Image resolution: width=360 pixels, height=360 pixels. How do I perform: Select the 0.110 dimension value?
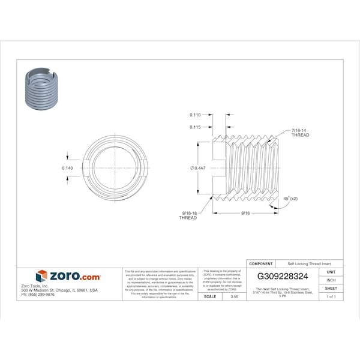click(195, 115)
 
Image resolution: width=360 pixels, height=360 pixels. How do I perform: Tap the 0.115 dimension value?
click(195, 127)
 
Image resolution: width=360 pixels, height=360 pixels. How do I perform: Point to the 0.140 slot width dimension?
click(68, 168)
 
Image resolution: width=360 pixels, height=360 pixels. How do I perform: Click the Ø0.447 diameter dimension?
click(198, 168)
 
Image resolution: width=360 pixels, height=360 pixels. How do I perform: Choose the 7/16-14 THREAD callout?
click(300, 133)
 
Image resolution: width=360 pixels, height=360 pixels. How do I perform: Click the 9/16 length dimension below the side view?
click(245, 212)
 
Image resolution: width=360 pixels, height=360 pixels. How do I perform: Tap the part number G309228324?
click(283, 277)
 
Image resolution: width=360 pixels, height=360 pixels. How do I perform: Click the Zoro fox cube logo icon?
click(41, 276)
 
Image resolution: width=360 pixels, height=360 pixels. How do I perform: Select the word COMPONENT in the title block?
click(261, 263)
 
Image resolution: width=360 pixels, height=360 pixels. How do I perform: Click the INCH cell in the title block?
click(331, 280)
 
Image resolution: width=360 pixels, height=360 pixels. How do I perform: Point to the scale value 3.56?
click(226, 296)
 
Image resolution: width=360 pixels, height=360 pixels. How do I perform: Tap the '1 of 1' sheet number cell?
click(331, 296)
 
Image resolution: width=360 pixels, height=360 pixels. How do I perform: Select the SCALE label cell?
click(210, 296)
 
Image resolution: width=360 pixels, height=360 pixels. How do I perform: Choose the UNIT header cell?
click(331, 272)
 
